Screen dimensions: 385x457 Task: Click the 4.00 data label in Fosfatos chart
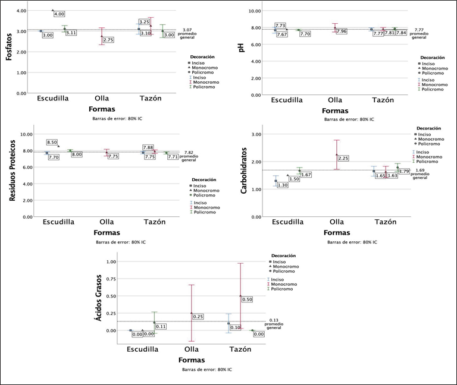coord(59,13)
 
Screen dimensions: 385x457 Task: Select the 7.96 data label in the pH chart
coord(341,31)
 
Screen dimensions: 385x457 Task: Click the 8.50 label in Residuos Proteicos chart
coord(52,143)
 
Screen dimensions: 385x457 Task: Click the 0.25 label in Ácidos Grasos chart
coord(198,317)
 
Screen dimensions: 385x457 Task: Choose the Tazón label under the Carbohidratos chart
coord(384,222)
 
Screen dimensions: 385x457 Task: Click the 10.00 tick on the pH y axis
coord(256,11)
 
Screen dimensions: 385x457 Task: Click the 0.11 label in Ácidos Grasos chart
coord(160,326)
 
